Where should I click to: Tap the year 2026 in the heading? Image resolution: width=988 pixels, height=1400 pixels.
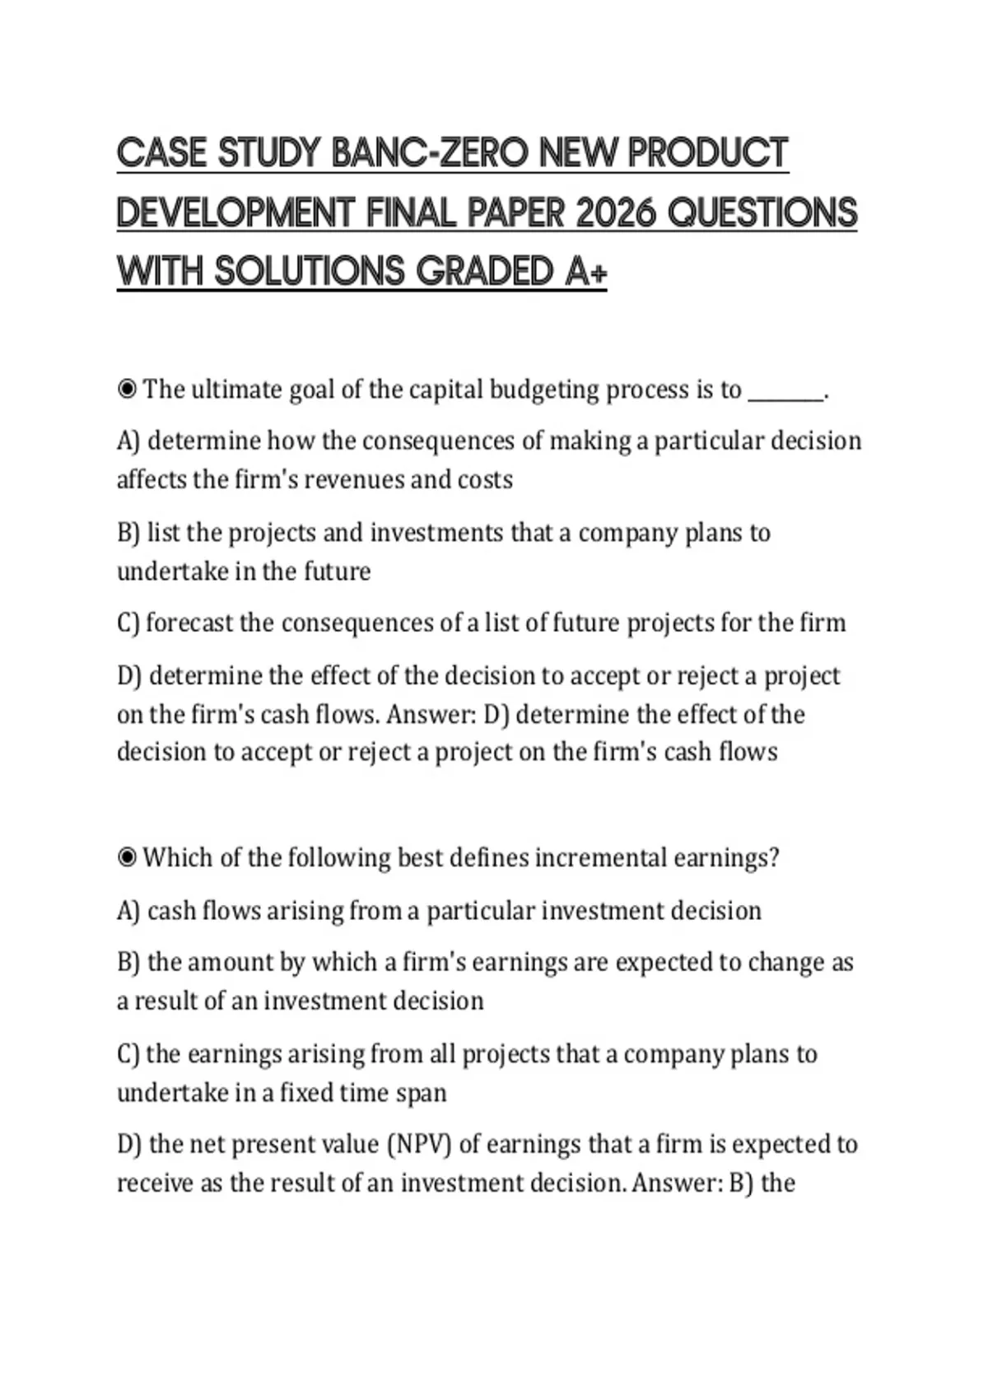point(617,213)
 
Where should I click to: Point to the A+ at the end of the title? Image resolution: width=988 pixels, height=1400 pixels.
point(586,273)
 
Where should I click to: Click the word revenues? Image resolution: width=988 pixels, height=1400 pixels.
point(356,479)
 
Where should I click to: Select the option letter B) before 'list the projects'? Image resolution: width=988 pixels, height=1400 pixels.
point(128,533)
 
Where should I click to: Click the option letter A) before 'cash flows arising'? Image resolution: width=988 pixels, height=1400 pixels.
point(128,911)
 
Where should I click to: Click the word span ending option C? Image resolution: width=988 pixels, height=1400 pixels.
point(421,1093)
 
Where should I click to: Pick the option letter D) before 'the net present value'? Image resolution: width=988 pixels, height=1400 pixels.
point(129,1145)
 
